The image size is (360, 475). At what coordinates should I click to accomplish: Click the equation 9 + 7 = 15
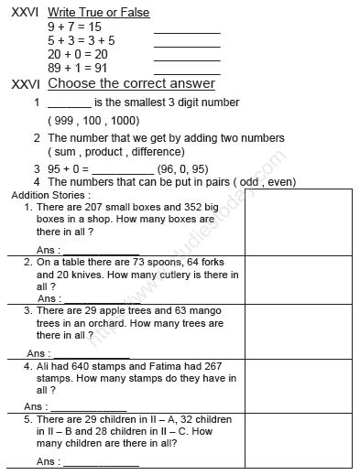74,27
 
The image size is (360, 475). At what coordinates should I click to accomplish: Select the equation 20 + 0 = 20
78,54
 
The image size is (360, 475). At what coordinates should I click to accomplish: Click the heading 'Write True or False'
98,13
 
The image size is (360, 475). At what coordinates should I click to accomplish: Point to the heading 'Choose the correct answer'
131,84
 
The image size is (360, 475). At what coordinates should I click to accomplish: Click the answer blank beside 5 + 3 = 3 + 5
187,43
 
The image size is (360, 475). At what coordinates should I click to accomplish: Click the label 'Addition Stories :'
48,195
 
